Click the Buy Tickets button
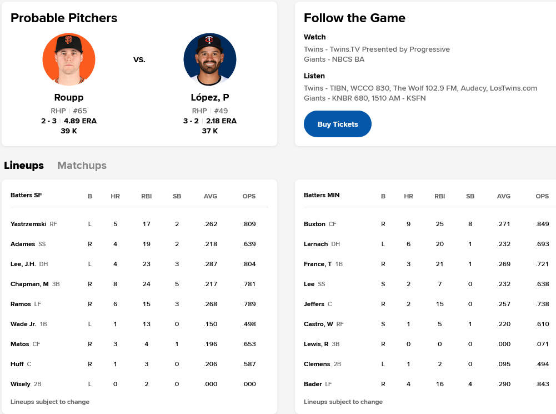point(337,124)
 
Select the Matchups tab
point(82,165)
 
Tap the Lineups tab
point(24,165)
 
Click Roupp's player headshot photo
point(69,59)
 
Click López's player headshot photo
point(210,59)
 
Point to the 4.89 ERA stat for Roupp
point(80,121)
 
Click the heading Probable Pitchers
point(64,18)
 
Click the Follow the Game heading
point(354,18)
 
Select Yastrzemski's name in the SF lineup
point(28,224)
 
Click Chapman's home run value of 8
point(116,284)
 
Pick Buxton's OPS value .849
point(542,224)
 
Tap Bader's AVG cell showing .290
point(504,384)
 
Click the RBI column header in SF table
point(146,196)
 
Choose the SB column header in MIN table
point(470,196)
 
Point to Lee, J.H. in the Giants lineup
point(23,264)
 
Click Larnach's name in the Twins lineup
point(315,244)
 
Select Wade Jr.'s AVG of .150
point(211,324)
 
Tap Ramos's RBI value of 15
point(146,304)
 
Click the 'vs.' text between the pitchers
point(139,59)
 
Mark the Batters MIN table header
point(322,195)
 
